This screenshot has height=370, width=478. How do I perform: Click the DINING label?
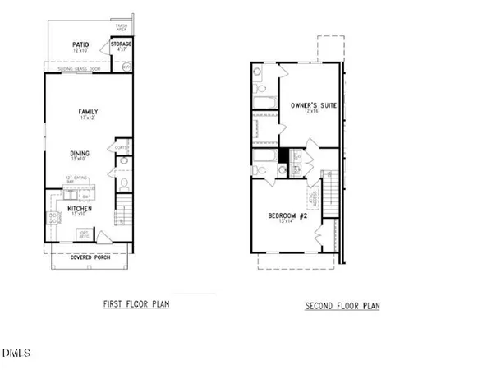pos(80,153)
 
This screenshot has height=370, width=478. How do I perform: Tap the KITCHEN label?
pos(80,209)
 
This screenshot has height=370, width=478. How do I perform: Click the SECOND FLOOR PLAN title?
pos(342,305)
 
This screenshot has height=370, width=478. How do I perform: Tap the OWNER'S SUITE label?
pos(310,104)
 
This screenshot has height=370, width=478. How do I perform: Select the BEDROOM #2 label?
pos(287,215)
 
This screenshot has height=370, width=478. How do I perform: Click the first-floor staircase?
pos(122,210)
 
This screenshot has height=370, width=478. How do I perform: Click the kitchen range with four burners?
pos(52,220)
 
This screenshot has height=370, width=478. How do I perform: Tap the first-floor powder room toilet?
pos(122,184)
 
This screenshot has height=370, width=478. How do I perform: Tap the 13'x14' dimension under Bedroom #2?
pos(287,223)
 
